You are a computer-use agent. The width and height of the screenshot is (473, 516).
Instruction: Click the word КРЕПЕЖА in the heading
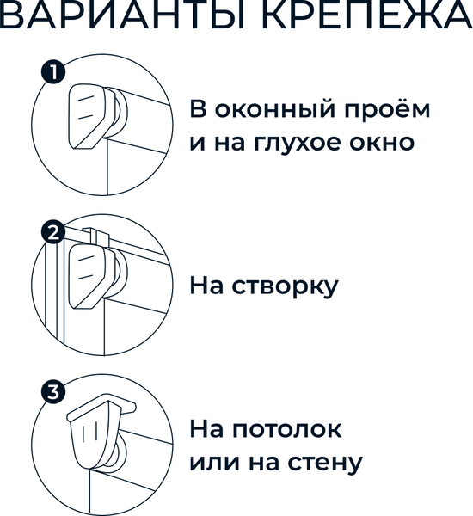(x=366, y=15)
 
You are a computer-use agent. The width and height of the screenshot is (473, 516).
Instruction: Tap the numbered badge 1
(x=53, y=71)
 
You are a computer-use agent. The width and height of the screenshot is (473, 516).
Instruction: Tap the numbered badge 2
(x=53, y=232)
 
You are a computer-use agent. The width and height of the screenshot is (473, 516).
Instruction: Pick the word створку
(x=285, y=287)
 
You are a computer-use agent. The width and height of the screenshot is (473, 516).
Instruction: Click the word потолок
(x=286, y=429)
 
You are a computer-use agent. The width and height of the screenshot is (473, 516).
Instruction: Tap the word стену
(x=325, y=464)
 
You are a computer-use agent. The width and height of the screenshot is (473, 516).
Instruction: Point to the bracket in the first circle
(x=89, y=116)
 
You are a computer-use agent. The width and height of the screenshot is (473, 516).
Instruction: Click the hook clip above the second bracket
(x=95, y=237)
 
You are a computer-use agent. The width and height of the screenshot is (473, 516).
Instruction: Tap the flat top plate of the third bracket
(x=101, y=407)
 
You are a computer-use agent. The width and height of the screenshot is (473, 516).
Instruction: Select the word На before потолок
(x=206, y=429)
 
